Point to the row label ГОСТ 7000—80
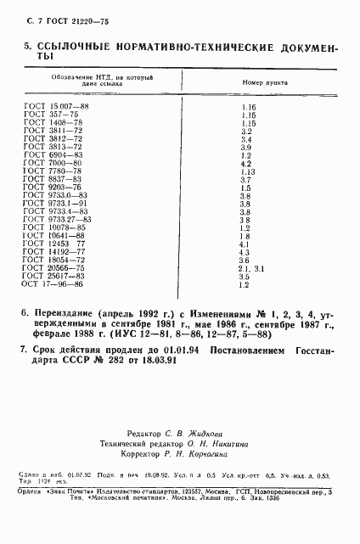[x=49, y=164]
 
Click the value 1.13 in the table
[x=249, y=172]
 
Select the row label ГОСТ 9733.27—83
[x=55, y=220]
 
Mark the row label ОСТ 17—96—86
[x=50, y=284]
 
